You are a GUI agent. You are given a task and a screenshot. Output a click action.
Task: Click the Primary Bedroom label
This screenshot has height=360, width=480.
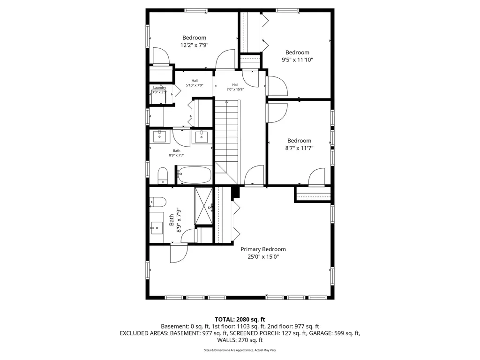pos(263,249)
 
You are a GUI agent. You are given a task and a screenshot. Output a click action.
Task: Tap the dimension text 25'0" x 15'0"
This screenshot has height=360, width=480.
pos(263,256)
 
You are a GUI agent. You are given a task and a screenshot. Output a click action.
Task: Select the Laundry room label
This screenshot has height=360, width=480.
pos(159,87)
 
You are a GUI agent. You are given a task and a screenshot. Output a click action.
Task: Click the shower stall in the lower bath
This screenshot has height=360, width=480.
pos(203,206)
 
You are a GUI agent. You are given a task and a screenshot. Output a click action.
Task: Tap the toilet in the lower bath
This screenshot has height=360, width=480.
pos(158,202)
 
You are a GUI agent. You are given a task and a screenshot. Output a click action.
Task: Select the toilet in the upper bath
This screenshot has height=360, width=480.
pos(163,175)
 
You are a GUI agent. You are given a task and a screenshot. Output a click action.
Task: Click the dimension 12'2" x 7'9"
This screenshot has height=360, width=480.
pos(194,45)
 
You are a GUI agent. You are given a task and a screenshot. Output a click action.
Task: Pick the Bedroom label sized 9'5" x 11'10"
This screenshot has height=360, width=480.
pos(297,52)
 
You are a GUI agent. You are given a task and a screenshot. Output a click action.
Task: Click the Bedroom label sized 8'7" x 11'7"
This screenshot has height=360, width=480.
pos(299,141)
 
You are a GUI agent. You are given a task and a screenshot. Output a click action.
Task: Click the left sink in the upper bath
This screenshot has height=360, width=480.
pos(160,136)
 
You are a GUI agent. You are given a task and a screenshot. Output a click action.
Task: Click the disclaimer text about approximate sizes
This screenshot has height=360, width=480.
pos(240,350)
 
